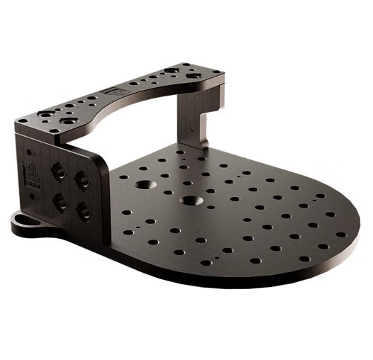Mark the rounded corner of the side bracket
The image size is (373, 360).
(101, 157)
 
